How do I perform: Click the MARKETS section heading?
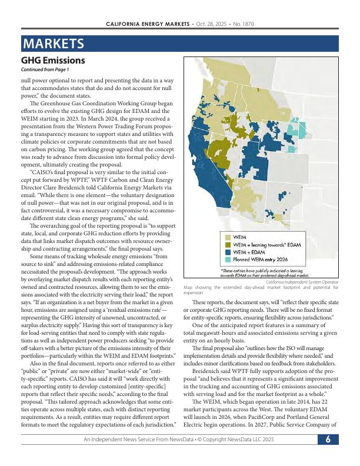[52, 44]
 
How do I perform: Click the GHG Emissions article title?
[53, 61]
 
